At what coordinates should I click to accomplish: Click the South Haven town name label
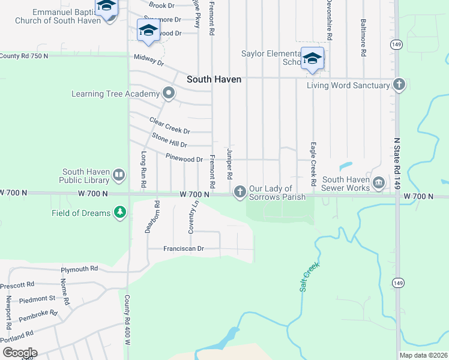214,79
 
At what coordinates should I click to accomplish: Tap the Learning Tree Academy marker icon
169,93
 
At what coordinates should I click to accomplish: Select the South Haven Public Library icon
119,175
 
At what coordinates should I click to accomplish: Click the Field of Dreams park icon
121,212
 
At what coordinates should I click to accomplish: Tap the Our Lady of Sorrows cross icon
240,191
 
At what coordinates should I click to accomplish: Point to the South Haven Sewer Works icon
379,182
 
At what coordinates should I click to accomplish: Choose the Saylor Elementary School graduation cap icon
312,58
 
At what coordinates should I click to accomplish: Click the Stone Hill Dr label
169,141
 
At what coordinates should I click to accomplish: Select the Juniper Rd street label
229,164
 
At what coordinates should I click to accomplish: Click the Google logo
19,353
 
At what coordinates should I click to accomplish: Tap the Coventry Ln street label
193,217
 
